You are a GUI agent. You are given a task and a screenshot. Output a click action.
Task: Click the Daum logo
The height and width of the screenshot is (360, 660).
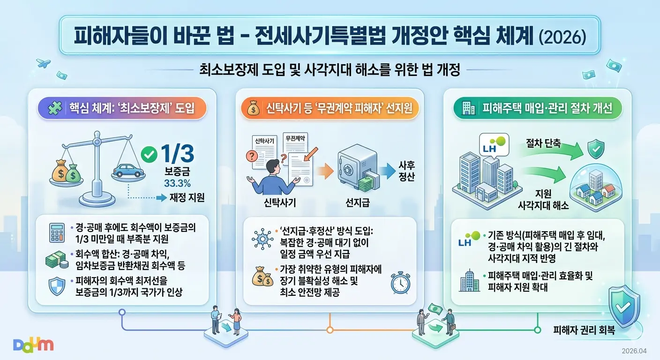point(33,345)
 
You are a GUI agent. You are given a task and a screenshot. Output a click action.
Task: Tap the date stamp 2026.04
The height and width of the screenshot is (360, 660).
point(634,351)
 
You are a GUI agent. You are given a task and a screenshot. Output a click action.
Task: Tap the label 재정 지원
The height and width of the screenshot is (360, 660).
point(187,197)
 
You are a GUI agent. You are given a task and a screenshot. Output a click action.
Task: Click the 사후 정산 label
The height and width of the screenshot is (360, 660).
point(407,172)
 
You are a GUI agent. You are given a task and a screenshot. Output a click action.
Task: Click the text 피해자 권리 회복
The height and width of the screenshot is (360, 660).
point(584,330)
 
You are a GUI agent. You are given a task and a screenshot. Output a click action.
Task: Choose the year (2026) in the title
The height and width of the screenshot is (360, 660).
point(562,37)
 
